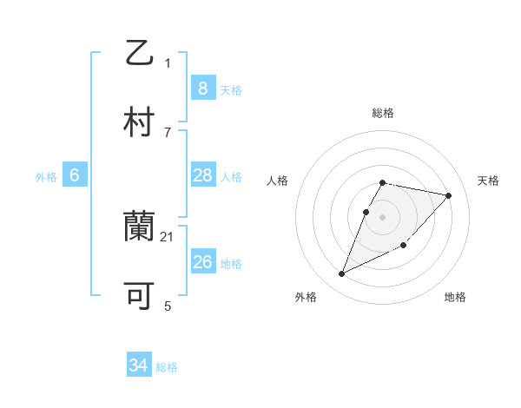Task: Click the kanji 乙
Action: (x=140, y=53)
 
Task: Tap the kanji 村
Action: (x=140, y=122)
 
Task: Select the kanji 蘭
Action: (x=140, y=227)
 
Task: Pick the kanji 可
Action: (x=140, y=296)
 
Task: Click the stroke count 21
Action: (x=168, y=236)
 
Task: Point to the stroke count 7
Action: (x=168, y=132)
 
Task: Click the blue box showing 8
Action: (x=202, y=88)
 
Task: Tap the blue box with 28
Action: (x=202, y=175)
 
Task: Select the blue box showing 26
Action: (x=202, y=262)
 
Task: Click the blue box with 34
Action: (x=138, y=365)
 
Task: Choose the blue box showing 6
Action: (x=74, y=175)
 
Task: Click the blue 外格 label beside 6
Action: (x=46, y=176)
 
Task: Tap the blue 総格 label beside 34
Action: (x=167, y=366)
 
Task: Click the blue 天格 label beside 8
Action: (x=231, y=89)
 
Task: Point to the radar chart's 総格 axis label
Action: (x=382, y=113)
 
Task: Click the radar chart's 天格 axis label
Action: (x=488, y=181)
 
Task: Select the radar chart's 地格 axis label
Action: (x=455, y=297)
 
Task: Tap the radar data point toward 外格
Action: (x=342, y=273)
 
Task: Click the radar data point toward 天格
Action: (x=448, y=195)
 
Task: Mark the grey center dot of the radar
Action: (x=382, y=216)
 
